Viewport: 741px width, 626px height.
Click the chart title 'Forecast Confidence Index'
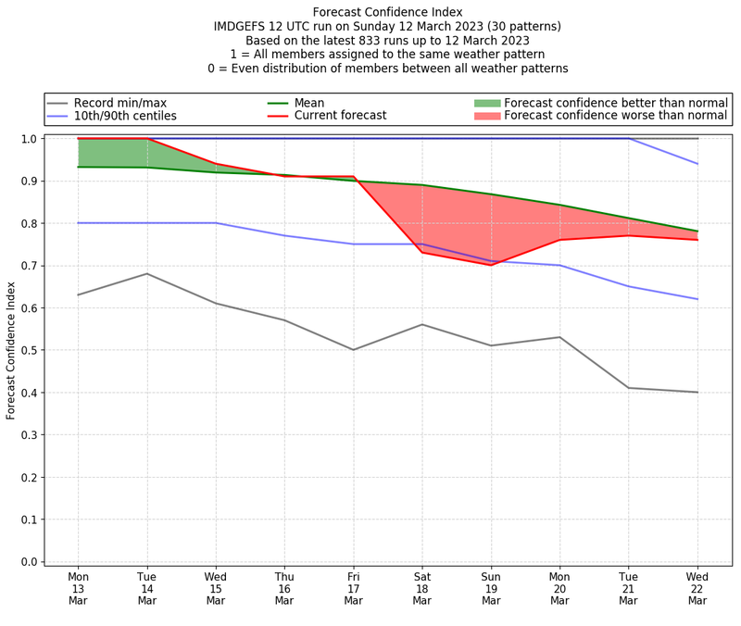point(387,12)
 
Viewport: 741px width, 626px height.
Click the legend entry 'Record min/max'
point(120,103)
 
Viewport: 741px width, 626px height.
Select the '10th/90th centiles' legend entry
point(125,117)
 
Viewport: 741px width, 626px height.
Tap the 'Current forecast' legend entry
point(340,117)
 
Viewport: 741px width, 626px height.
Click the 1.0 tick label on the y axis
point(28,139)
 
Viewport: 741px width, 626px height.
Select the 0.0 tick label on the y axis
point(28,561)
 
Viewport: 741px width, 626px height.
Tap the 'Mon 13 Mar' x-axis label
point(79,588)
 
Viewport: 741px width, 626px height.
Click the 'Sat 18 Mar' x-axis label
point(422,588)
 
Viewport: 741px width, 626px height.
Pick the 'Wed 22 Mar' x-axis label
point(697,588)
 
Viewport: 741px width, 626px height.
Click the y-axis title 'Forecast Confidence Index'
point(11,350)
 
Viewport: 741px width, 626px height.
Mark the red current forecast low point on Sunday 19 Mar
point(491,265)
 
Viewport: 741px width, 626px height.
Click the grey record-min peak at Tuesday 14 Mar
point(147,274)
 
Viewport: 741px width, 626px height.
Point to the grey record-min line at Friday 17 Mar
point(353,350)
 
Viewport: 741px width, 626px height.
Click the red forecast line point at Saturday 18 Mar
point(422,253)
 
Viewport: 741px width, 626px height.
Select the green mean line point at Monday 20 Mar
point(559,205)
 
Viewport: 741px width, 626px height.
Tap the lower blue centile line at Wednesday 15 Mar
point(216,223)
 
